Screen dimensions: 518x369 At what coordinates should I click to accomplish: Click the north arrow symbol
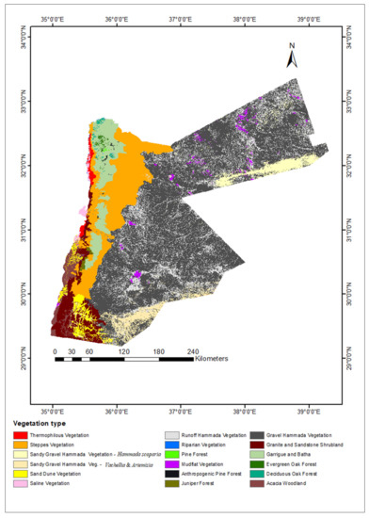pyautogui.click(x=293, y=58)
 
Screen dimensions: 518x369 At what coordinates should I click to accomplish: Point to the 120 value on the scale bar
pyautogui.click(x=122, y=350)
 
